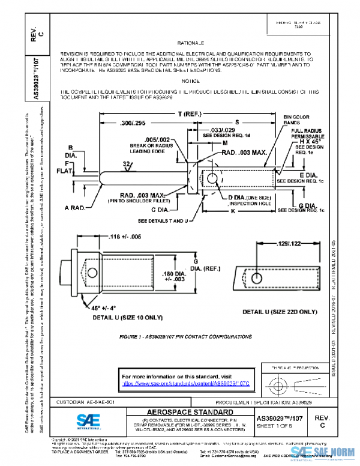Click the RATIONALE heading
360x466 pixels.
click(191, 44)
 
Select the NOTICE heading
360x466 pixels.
click(191, 80)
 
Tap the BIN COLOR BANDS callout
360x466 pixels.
click(294, 119)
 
